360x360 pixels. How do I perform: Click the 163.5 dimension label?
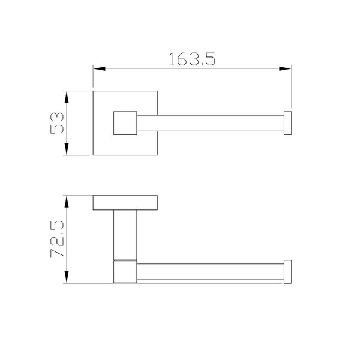(x=192, y=59)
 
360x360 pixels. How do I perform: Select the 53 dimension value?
(x=57, y=123)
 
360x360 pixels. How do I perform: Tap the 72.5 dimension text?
(x=57, y=239)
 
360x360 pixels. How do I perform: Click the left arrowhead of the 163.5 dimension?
(x=100, y=68)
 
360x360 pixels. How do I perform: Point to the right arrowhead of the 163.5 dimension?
(x=285, y=68)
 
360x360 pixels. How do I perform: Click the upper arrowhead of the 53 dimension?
(x=67, y=97)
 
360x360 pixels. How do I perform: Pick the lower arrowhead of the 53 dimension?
(x=67, y=149)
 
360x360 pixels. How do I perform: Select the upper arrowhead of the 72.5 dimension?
(x=67, y=202)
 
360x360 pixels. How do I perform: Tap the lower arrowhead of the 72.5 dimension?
(x=67, y=277)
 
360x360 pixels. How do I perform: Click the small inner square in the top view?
(x=125, y=123)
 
